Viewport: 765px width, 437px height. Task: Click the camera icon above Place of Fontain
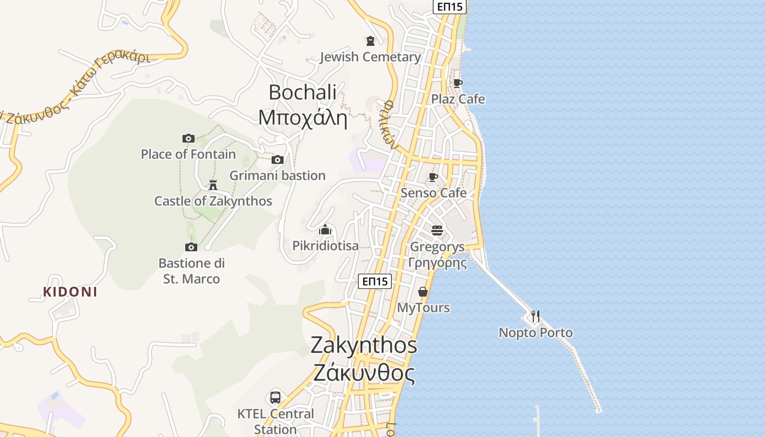[189, 139]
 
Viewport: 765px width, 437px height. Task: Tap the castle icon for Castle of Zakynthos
[213, 185]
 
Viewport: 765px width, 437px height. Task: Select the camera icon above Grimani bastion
[278, 160]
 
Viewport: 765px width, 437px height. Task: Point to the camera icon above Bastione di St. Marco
[191, 247]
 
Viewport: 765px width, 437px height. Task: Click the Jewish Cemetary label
[370, 57]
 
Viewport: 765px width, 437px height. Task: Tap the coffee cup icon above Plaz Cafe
[458, 84]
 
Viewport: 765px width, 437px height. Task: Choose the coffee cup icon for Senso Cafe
[433, 178]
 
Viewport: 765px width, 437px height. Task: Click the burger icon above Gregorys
[437, 230]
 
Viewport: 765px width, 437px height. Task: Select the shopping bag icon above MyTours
[422, 292]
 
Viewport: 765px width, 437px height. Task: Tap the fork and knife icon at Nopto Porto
[535, 316]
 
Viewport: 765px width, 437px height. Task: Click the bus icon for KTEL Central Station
[275, 398]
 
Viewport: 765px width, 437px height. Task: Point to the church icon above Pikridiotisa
[325, 229]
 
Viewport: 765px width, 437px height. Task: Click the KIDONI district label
[70, 292]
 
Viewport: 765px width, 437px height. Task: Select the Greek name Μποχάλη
[303, 118]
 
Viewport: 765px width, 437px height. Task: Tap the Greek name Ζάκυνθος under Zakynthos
[364, 373]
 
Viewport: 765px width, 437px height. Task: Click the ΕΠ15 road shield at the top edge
[449, 7]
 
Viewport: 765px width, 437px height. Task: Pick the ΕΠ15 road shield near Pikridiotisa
[375, 281]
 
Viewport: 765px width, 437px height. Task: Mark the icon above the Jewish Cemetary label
[370, 41]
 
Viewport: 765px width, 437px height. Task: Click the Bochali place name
[303, 92]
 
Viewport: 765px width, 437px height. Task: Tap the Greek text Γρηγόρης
[438, 263]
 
